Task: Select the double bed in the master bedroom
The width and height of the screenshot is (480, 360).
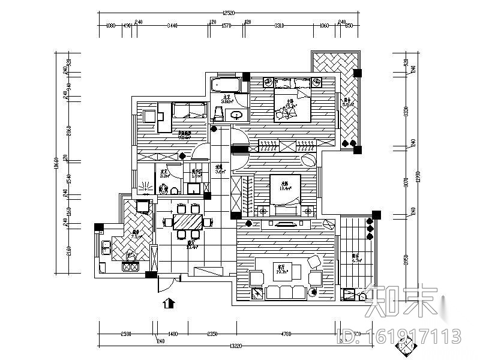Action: tap(292, 104)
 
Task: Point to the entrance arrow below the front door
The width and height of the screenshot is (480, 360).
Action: tap(170, 303)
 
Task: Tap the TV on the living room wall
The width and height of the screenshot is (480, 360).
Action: tap(283, 224)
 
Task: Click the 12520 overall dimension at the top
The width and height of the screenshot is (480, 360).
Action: tap(227, 13)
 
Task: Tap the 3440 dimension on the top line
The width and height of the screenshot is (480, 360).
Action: tap(173, 26)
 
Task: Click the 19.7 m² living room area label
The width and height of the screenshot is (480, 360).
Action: tap(280, 271)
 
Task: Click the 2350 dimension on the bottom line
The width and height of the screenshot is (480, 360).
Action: tap(212, 334)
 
